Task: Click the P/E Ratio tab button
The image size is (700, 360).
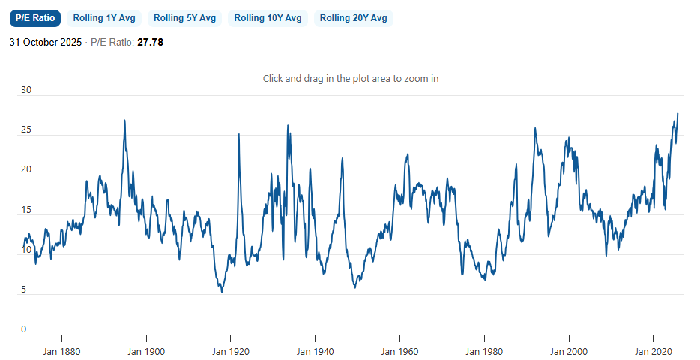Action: click(x=35, y=18)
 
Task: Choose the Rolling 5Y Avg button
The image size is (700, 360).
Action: click(x=184, y=18)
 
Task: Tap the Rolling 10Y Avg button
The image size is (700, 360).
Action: click(x=268, y=18)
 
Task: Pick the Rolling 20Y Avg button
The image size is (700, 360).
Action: click(x=354, y=18)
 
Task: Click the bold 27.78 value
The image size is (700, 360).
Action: click(x=150, y=43)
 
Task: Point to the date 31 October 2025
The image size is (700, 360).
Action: click(x=46, y=43)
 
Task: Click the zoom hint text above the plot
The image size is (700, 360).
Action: click(x=350, y=78)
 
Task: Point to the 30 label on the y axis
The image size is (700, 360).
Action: click(x=26, y=90)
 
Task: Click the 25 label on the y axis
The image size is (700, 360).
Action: click(x=26, y=130)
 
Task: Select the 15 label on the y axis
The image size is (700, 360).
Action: click(x=26, y=210)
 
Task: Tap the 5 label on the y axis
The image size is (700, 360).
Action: click(x=23, y=289)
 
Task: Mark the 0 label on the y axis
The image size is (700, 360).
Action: click(x=23, y=329)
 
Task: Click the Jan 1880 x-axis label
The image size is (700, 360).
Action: click(x=61, y=350)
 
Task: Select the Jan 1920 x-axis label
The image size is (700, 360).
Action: click(x=230, y=350)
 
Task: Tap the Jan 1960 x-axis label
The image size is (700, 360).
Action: click(x=399, y=350)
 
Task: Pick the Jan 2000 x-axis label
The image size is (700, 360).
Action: click(x=569, y=350)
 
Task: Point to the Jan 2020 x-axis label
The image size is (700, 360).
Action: click(x=654, y=350)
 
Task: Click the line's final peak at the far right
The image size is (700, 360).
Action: click(x=678, y=113)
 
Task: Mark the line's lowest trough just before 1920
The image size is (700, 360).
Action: click(x=222, y=291)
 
